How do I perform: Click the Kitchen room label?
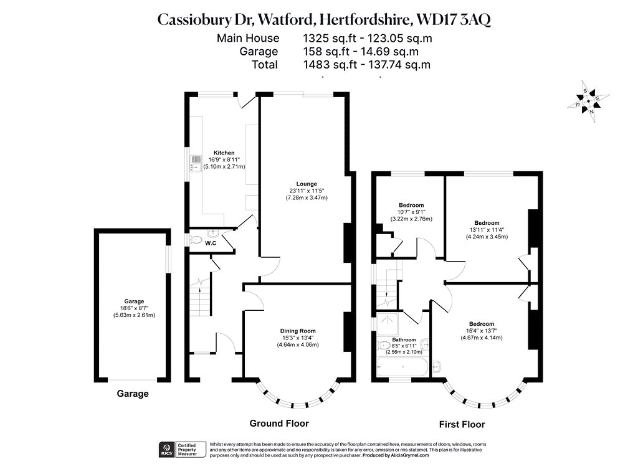224,153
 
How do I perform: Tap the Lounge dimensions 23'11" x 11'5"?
307,191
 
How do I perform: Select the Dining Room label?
298,331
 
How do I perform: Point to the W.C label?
211,244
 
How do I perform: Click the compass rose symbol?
588,102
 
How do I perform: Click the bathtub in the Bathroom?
402,367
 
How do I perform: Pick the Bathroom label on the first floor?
404,339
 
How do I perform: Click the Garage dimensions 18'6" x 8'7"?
134,308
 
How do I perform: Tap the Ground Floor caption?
279,424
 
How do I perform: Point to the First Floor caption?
462,425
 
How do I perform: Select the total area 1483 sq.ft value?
330,65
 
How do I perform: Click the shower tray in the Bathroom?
388,324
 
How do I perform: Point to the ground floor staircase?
200,296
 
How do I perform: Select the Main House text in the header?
248,38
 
